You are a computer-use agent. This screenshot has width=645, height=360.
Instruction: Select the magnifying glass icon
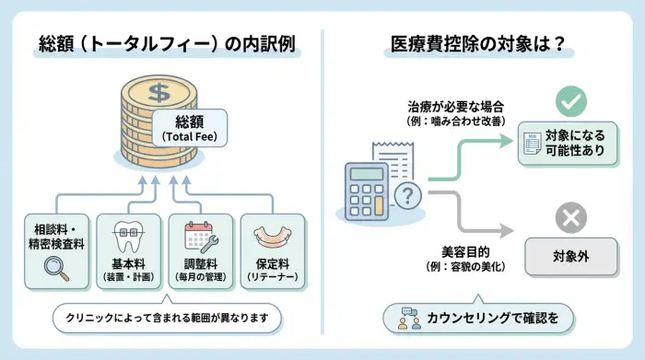[56, 267]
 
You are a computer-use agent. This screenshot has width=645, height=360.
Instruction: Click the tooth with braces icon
[128, 236]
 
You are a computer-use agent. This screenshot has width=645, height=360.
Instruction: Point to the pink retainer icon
[271, 238]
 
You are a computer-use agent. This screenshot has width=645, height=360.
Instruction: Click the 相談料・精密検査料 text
[56, 235]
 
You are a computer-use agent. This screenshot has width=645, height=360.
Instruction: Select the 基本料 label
[128, 261]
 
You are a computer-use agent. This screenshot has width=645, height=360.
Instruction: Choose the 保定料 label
[271, 261]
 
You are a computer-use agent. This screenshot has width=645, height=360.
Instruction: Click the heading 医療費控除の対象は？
[480, 43]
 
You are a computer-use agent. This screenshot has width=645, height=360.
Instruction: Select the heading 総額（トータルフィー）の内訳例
[167, 43]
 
